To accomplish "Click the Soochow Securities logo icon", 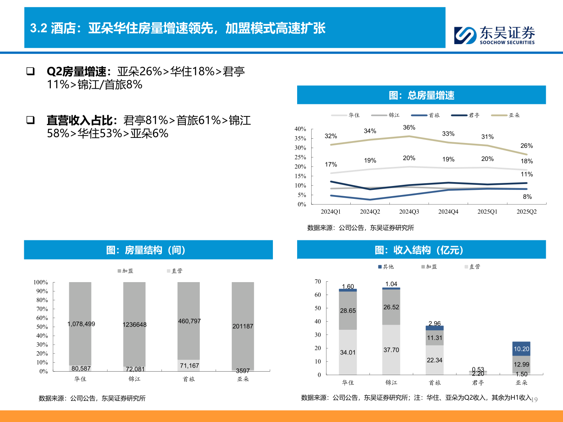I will [x=465, y=35].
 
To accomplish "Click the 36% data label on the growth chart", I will [x=409, y=128].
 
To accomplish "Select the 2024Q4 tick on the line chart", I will [x=448, y=211].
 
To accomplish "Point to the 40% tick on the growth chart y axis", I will [x=300, y=129].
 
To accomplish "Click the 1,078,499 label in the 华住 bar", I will [x=81, y=324].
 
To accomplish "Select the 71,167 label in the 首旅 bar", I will [x=189, y=366].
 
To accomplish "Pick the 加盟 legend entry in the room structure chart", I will [x=126, y=271].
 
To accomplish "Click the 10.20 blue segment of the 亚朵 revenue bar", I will [x=521, y=349].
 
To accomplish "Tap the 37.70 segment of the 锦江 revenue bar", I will [x=391, y=350].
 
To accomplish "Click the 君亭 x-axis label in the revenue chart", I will [x=478, y=383].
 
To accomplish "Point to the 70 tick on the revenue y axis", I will [x=318, y=282].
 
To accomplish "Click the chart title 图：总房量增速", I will [x=421, y=95].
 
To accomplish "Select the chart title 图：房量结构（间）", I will [x=146, y=250].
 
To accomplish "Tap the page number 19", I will [x=534, y=400].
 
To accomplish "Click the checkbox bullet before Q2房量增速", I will [x=30, y=71].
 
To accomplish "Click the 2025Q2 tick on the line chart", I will [x=526, y=211].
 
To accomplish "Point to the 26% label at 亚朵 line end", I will [x=526, y=146].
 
